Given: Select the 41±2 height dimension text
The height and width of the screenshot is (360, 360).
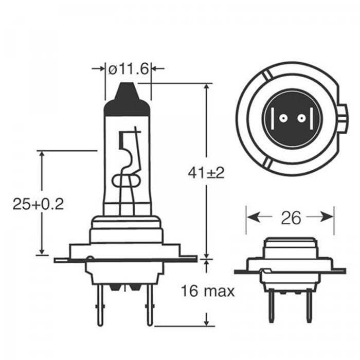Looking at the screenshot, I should pyautogui.click(x=206, y=173).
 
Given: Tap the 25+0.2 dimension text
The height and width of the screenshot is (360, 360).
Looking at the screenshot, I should pyautogui.click(x=38, y=204).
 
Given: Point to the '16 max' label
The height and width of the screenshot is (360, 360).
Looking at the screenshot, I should pyautogui.click(x=207, y=292).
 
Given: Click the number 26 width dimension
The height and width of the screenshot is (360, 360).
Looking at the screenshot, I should pyautogui.click(x=291, y=218).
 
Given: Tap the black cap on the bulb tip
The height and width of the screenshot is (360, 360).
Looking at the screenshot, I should pyautogui.click(x=127, y=101).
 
